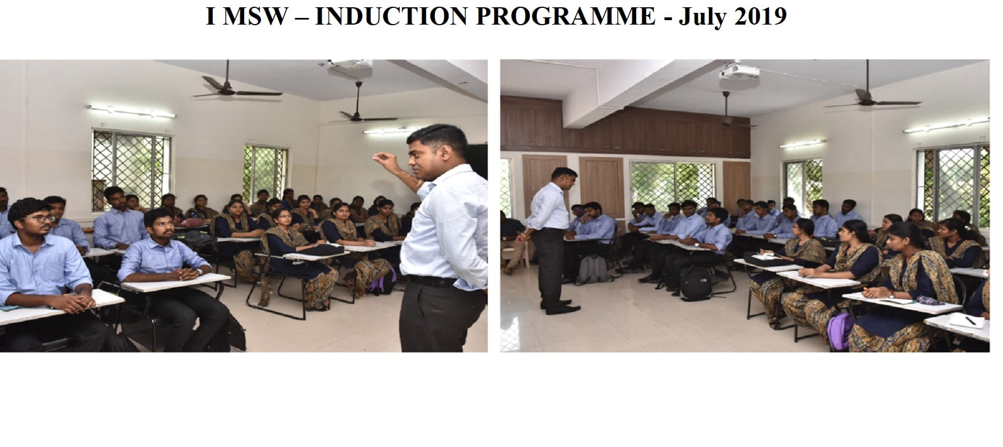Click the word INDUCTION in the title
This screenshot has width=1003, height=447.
(x=391, y=17)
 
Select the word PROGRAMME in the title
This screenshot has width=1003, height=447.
(x=565, y=17)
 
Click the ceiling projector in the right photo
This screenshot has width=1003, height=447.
(x=739, y=71)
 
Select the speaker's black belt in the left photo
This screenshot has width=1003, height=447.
(x=431, y=281)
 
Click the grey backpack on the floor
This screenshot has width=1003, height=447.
(x=593, y=269)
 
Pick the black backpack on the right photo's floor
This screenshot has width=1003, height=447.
(x=697, y=282)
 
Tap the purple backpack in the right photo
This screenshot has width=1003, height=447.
(x=841, y=332)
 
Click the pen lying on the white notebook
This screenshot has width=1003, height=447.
(x=970, y=321)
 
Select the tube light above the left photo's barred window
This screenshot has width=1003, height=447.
(x=130, y=111)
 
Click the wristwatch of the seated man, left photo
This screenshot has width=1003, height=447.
(x=198, y=271)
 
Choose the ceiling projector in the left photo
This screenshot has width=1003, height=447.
(x=346, y=67)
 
